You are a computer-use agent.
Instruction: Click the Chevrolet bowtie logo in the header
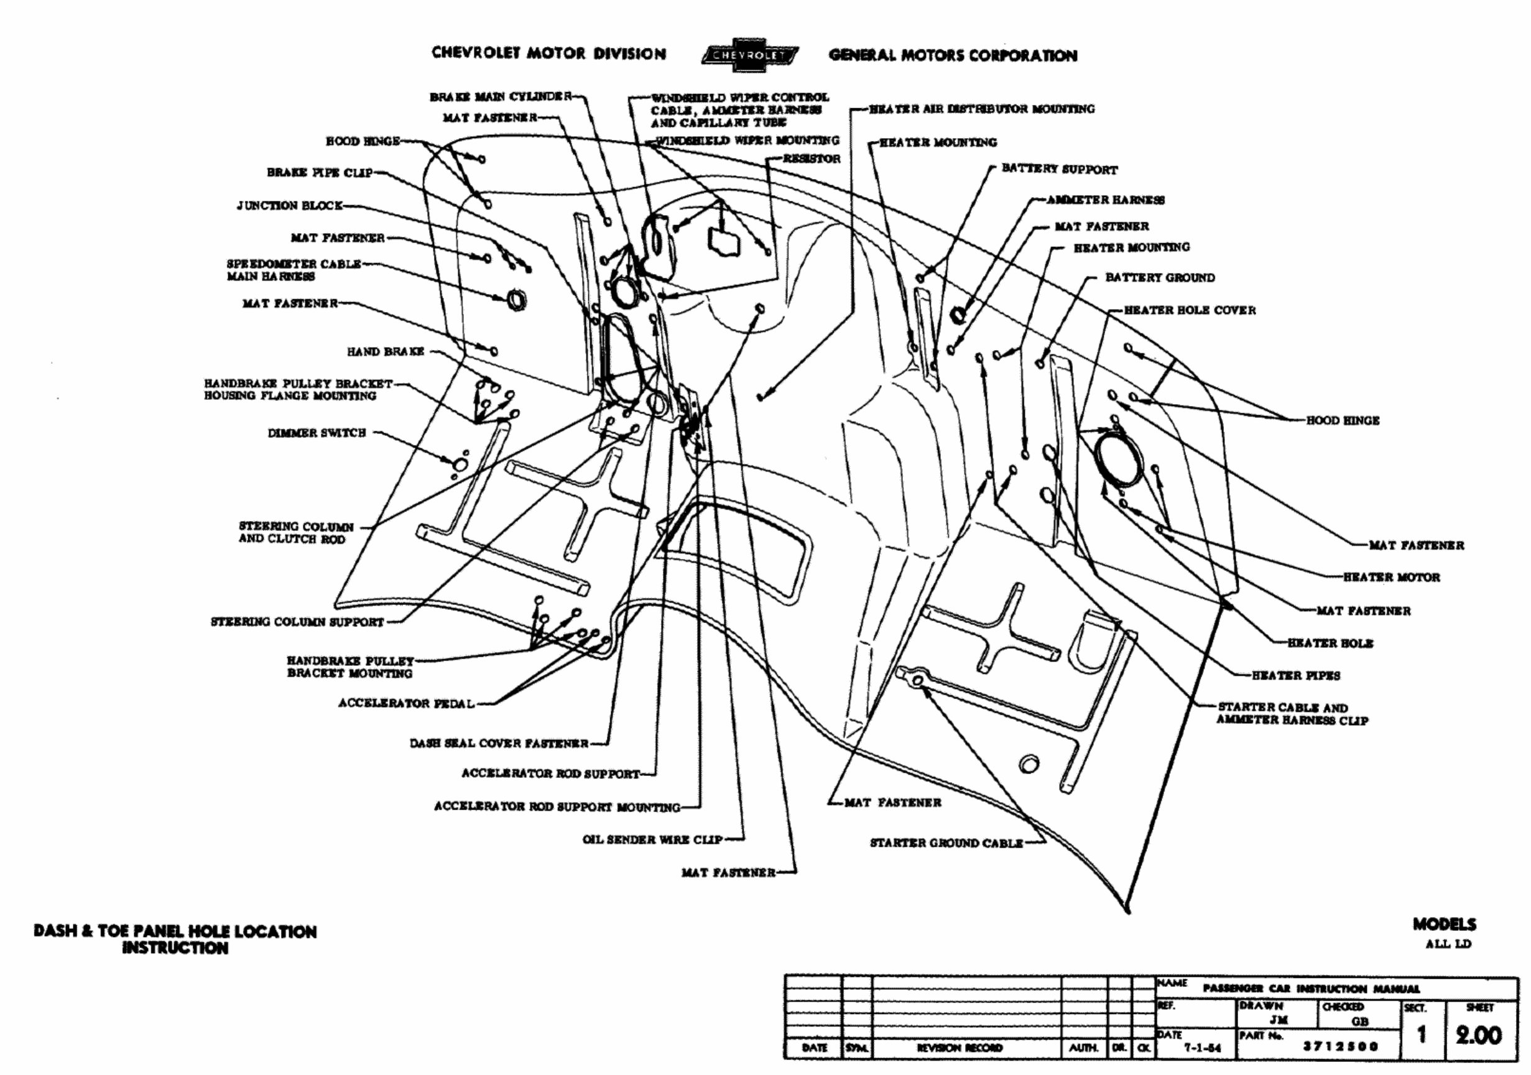pos(749,55)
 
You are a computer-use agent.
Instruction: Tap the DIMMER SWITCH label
pos(317,433)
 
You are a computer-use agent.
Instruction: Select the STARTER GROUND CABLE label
pos(946,843)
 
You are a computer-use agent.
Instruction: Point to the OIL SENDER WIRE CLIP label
pos(652,839)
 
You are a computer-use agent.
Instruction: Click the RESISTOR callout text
pos(812,159)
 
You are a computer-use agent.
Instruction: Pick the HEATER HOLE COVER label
pos(1189,310)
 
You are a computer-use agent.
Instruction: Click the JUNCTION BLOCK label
pos(289,205)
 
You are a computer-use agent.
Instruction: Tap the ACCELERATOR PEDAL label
pos(406,703)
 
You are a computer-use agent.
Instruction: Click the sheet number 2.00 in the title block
pos(1478,1035)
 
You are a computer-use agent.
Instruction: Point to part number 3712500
pos(1340,1046)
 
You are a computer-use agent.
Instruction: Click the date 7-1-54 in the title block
pos(1202,1048)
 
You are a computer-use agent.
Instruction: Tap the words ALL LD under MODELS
pos(1448,944)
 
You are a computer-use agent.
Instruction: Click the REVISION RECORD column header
pos(959,1048)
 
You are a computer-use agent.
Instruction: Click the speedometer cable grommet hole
pos(516,301)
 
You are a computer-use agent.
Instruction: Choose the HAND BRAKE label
pos(385,351)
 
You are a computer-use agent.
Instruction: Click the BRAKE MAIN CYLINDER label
pos(500,97)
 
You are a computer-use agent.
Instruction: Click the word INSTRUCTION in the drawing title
pos(175,948)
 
